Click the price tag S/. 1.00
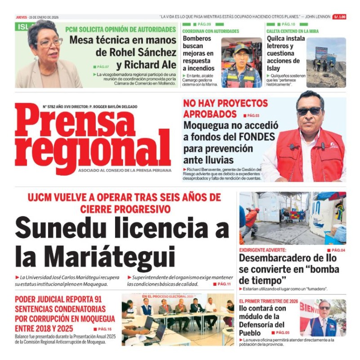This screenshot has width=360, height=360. pyautogui.click(x=339, y=17)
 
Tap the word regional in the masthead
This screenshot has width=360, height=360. pyautogui.click(x=92, y=149)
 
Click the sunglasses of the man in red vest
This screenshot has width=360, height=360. pyautogui.click(x=309, y=111)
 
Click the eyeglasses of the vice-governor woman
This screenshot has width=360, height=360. pyautogui.click(x=50, y=43)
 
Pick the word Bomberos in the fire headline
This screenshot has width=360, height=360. pyautogui.click(x=197, y=39)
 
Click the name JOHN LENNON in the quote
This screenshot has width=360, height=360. pyautogui.click(x=317, y=17)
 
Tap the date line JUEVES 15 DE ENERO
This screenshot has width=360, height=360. pyautogui.click(x=37, y=17)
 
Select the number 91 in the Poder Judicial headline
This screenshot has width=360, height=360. pyautogui.click(x=100, y=300)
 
